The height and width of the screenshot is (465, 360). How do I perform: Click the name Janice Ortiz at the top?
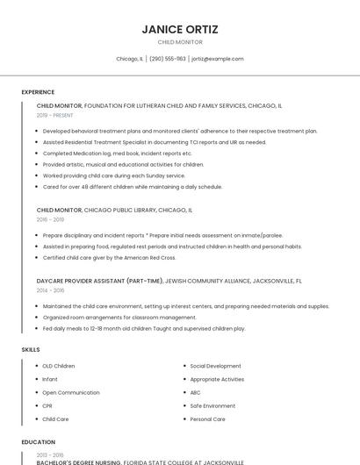tap(179, 28)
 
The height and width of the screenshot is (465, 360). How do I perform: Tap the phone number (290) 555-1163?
tap(167, 59)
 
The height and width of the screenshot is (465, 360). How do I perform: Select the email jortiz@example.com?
tap(218, 59)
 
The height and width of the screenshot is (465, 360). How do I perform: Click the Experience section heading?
tap(38, 92)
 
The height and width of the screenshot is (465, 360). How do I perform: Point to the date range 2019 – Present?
tap(55, 115)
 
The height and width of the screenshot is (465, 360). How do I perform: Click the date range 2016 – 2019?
tap(50, 220)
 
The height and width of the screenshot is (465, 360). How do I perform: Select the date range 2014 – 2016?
tap(50, 290)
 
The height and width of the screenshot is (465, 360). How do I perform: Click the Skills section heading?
tap(31, 350)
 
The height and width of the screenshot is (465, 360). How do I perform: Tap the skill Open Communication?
tap(71, 392)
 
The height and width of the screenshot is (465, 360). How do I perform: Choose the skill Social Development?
tap(215, 366)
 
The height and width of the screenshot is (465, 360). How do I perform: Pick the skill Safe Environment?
tap(212, 406)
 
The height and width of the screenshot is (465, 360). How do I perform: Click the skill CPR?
tap(47, 406)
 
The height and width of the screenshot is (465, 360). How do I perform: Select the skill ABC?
tap(195, 392)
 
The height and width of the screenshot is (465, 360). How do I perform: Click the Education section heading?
tap(39, 442)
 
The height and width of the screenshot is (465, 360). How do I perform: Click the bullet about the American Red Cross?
tap(109, 258)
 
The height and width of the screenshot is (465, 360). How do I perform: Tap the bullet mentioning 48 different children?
tap(132, 187)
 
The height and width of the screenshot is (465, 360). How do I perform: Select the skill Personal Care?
tap(207, 419)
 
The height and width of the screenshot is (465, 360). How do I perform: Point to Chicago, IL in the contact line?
tap(129, 59)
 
